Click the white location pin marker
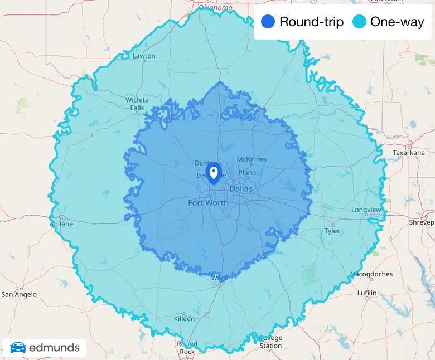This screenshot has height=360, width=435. pos(213,172)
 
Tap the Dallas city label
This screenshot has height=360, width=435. pos(241,189)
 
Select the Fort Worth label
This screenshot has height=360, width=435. pos(208,202)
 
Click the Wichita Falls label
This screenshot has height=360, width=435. pos(137,104)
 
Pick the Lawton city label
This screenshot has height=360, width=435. pos(144,56)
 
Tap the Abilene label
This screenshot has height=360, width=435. pos(61,224)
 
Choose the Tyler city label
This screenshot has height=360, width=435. pos(332,231)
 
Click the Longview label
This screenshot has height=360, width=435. pos(366,210)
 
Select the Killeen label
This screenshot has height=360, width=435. pos(184,319)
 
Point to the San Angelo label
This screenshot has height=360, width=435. pos(19,294)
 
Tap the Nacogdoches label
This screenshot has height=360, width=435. pos(371,274)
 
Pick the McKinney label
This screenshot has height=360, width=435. pos(252,159)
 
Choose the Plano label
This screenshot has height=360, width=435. pos(247,173)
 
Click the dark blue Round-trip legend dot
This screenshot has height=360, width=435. pos(268,22)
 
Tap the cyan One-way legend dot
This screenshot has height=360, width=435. pos(360,22)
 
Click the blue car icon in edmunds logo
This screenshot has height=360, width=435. pos(18,348)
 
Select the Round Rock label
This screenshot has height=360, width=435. pos(187,348)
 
